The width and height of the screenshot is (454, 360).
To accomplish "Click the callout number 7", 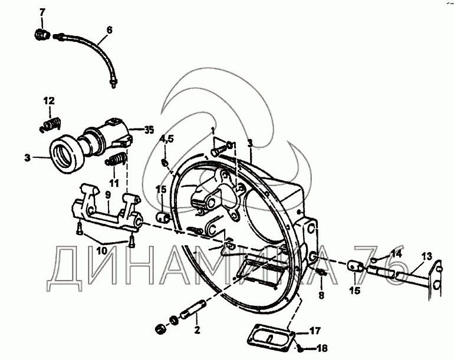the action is [42, 13].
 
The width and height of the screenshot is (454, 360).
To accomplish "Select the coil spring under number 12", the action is [50, 124].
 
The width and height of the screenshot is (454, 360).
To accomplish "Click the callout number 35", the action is [149, 130].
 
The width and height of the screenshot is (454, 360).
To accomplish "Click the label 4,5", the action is [166, 139].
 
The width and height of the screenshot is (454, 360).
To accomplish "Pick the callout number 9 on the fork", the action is [108, 195].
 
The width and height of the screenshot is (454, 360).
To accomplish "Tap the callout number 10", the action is [101, 250].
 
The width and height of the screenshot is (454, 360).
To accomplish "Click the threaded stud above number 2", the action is [194, 309].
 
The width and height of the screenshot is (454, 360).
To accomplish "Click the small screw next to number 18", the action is [300, 349].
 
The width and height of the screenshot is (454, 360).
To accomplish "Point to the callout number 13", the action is [427, 256].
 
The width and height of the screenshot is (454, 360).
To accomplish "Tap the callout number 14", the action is [396, 254].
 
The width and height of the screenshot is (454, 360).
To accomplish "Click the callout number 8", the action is [321, 295].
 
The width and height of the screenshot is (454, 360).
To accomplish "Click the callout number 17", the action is [315, 330].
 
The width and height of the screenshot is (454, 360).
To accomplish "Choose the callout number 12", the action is [49, 101].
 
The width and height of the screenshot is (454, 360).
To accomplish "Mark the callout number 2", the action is [198, 330].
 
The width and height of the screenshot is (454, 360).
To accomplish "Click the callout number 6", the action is [109, 30].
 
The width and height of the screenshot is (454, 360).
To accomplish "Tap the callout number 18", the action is [323, 348].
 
